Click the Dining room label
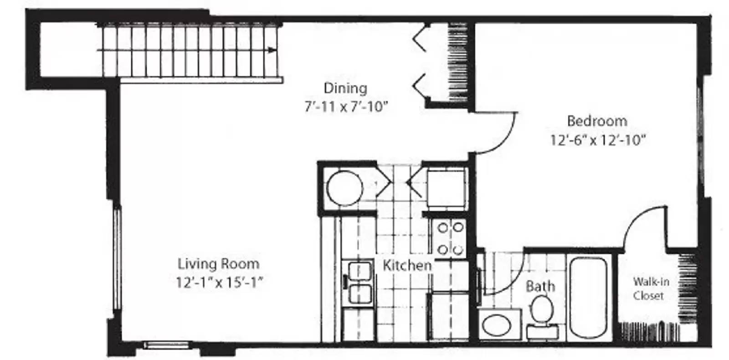pyautogui.click(x=345, y=88)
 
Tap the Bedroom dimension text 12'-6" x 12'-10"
pyautogui.click(x=598, y=140)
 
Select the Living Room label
pyautogui.click(x=218, y=264)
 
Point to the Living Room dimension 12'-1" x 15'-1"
pyautogui.click(x=219, y=282)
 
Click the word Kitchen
pyautogui.click(x=407, y=266)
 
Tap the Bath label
pyautogui.click(x=540, y=287)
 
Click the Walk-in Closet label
pyautogui.click(x=651, y=288)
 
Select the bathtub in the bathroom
pyautogui.click(x=588, y=298)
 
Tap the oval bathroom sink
pyautogui.click(x=496, y=325)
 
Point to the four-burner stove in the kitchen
pyautogui.click(x=450, y=238)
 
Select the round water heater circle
pyautogui.click(x=344, y=188)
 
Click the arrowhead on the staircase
pyautogui.click(x=272, y=50)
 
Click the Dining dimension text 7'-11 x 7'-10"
pyautogui.click(x=346, y=107)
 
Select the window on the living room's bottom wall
pyautogui.click(x=166, y=345)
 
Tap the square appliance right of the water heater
pyautogui.click(x=446, y=188)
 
